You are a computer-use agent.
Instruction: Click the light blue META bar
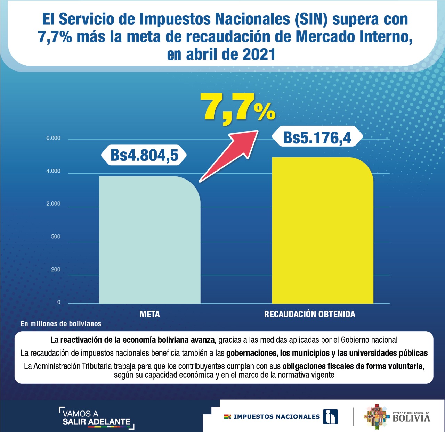pos(149,240)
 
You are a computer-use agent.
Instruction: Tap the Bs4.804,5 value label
pos(144,155)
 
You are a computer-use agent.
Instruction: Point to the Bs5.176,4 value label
pos(317,138)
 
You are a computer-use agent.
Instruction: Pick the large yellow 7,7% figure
pos(238,108)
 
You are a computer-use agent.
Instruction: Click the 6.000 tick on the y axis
pos(53,138)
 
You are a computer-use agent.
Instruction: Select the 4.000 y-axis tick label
pos(53,171)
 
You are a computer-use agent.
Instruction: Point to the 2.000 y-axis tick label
pos(53,204)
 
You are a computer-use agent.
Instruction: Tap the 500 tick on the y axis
pos(56,237)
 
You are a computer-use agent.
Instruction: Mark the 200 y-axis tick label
pos(56,269)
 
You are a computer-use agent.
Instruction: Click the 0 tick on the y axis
pos(59,302)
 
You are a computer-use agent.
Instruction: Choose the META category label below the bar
pos(150,315)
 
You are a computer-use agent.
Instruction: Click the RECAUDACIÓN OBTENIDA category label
pos(309,315)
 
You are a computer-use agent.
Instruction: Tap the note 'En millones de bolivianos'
pos(61,324)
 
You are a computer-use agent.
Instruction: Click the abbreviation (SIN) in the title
pos(311,19)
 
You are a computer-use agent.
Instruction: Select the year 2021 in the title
pos(259,55)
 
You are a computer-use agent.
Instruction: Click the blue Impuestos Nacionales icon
pos(330,416)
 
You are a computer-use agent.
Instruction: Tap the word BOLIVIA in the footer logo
pos(411,418)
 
